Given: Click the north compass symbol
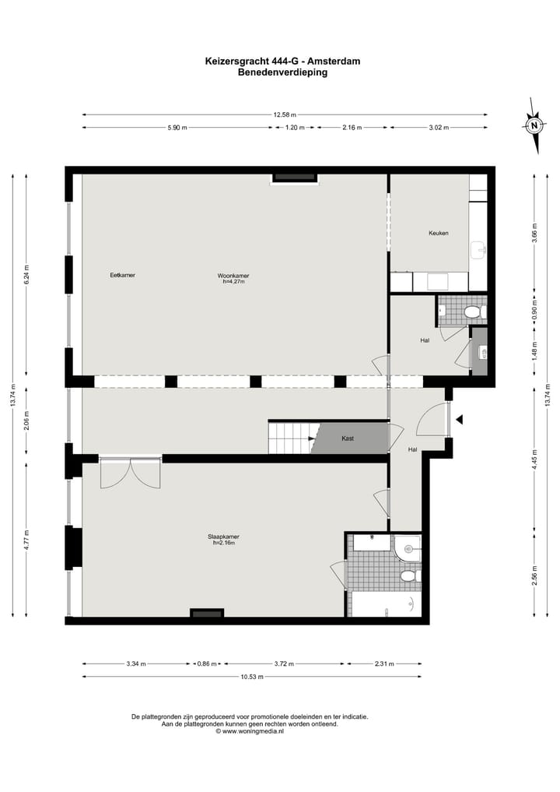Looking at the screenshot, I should tap(534, 125).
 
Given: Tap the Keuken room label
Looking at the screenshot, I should tap(438, 233).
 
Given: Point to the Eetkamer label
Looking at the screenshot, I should tap(122, 275).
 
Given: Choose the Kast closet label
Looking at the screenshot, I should tap(348, 438).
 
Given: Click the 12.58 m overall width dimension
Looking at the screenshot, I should tap(285, 114).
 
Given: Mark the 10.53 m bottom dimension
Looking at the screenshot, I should tap(252, 677).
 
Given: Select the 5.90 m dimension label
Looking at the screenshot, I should tap(177, 128).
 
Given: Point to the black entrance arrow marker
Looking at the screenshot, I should tap(460, 420).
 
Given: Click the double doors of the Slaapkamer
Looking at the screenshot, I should tap(130, 473).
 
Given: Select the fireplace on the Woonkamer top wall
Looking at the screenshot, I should tap(295, 178).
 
